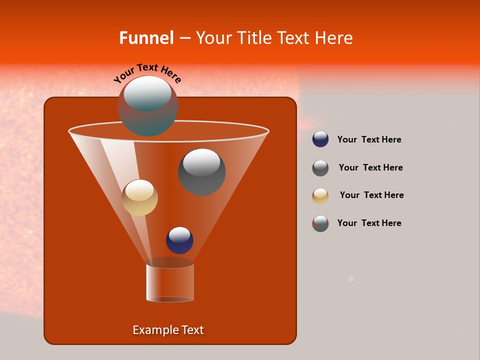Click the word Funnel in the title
[x=146, y=38]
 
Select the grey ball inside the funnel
[x=201, y=172]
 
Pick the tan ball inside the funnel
[x=140, y=197]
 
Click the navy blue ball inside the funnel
[x=179, y=240]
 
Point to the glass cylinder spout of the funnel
[x=170, y=283]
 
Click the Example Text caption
[x=168, y=330]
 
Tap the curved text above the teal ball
[x=147, y=72]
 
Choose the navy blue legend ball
[x=320, y=139]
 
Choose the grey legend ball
[x=320, y=168]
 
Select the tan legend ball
[x=320, y=195]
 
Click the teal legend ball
[x=320, y=223]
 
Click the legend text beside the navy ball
[x=369, y=140]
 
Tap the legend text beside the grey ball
[x=370, y=168]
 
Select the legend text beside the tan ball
[x=371, y=195]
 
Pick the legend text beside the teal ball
[x=369, y=223]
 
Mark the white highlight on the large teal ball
[x=147, y=93]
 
